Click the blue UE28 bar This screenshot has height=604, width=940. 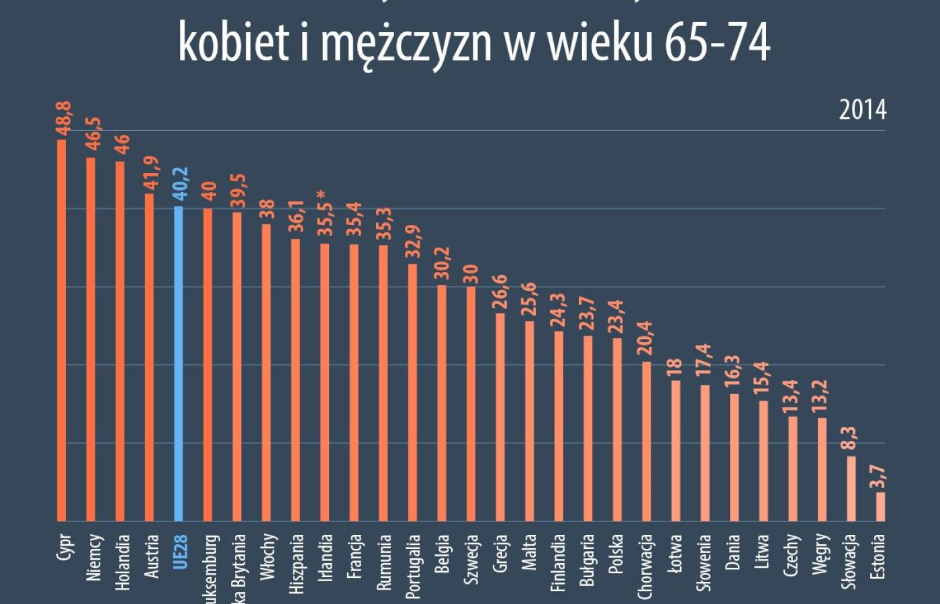tap(178, 362)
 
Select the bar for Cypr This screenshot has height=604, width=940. tap(62, 329)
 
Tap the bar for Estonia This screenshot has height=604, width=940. tap(880, 507)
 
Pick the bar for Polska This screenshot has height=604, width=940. tap(617, 430)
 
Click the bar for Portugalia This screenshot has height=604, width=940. tap(412, 393)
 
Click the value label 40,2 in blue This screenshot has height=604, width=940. tap(181, 184)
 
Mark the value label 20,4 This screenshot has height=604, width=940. tap(646, 338)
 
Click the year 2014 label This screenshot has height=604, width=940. tap(862, 110)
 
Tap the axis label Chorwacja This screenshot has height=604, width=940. tap(646, 566)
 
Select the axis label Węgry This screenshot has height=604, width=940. tap(821, 554)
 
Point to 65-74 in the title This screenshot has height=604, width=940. tap(717, 42)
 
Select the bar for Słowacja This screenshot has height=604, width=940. tap(851, 489)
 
